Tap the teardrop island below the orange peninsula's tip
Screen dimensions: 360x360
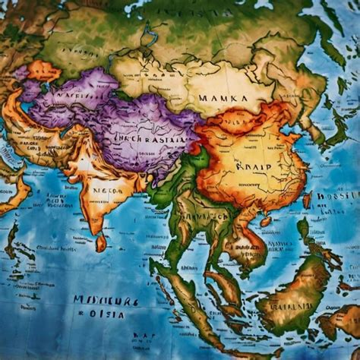(x=101, y=243)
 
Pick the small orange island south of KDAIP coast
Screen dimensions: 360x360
(x=265, y=222)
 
